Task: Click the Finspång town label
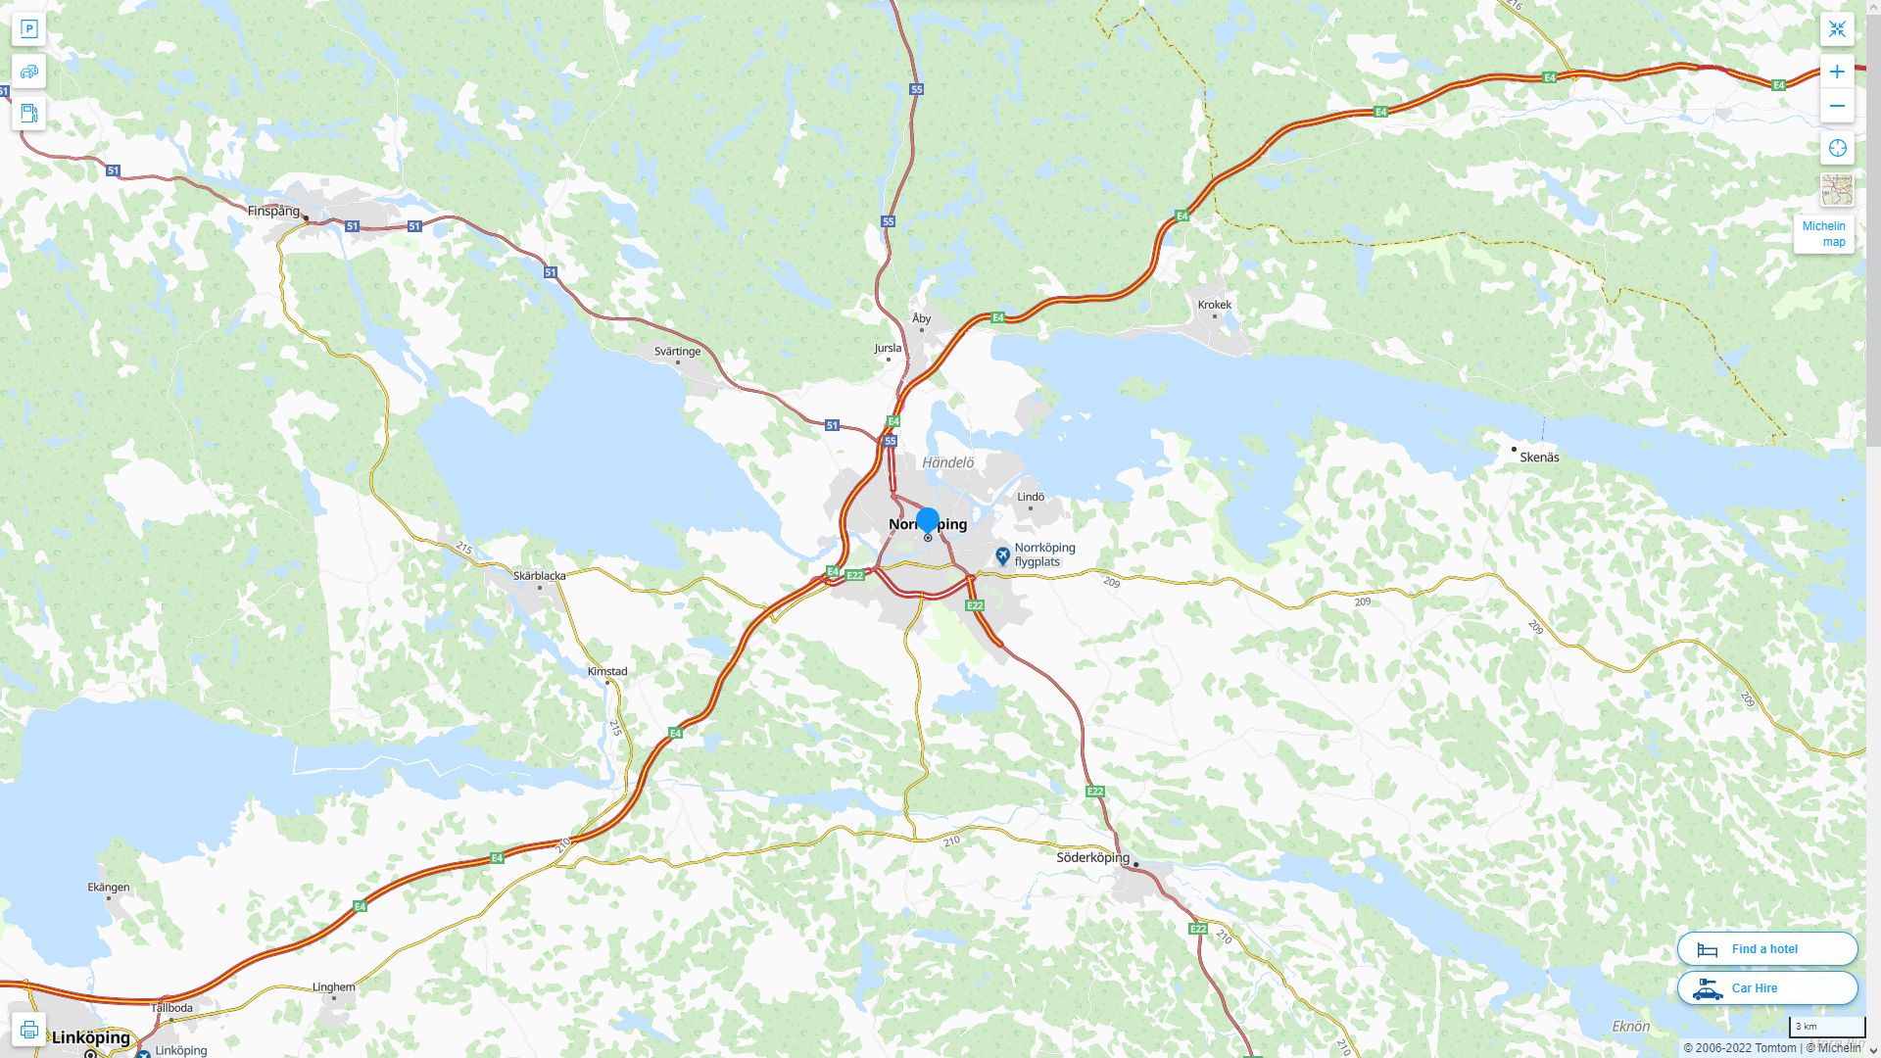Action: tap(273, 211)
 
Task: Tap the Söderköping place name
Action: tap(1092, 857)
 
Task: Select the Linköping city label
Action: tap(91, 1037)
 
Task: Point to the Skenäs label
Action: tap(1539, 457)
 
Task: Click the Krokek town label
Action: tap(1214, 305)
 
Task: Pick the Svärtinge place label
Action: tap(677, 351)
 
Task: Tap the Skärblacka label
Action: tap(539, 575)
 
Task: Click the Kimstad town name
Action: tap(607, 671)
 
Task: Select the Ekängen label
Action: tap(108, 887)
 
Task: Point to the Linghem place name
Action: tap(333, 986)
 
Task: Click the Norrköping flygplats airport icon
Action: tap(1002, 555)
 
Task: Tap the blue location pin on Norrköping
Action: tap(928, 520)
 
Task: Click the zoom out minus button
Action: tap(1837, 106)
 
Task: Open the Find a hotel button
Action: tap(1766, 948)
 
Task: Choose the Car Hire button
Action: tap(1766, 987)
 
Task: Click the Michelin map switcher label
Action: tap(1823, 234)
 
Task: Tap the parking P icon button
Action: tap(28, 28)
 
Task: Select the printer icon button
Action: tap(28, 1030)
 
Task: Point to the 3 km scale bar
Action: tap(1826, 1027)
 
